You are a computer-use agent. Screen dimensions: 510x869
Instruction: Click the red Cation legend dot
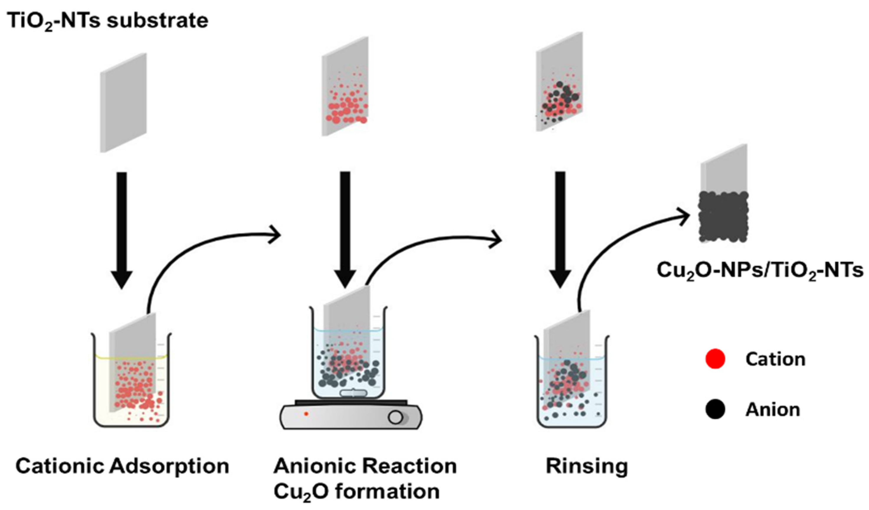pyautogui.click(x=715, y=359)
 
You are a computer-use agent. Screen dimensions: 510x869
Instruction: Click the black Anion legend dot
pyautogui.click(x=715, y=410)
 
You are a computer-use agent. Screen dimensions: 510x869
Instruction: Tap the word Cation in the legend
pyautogui.click(x=775, y=359)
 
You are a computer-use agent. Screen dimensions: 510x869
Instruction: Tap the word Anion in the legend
pyautogui.click(x=773, y=410)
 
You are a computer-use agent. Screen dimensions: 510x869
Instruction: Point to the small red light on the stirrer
pyautogui.click(x=306, y=414)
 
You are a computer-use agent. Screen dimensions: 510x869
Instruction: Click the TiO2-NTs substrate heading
pyautogui.click(x=108, y=21)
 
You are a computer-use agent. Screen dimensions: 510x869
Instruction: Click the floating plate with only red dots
pyautogui.click(x=345, y=86)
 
